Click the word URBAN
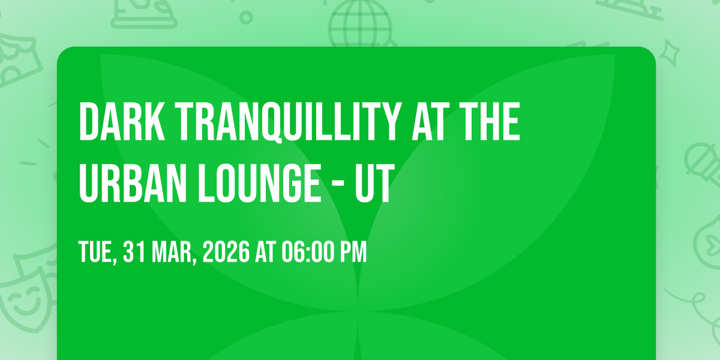click(133, 183)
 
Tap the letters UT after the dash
click(375, 183)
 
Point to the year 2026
click(226, 251)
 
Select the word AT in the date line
click(266, 251)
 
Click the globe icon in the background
click(360, 23)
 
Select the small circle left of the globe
click(246, 17)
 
